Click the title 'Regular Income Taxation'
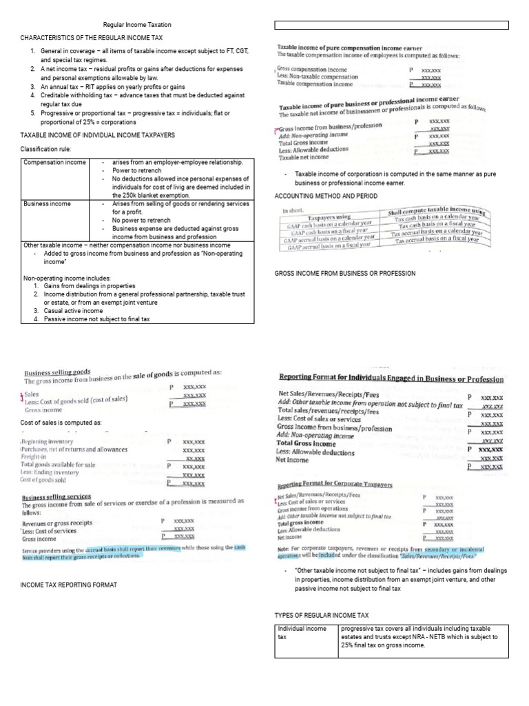(137, 25)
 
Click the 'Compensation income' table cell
(54, 163)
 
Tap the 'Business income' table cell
(46, 205)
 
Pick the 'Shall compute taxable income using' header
(439, 212)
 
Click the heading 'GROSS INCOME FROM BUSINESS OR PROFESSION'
(344, 274)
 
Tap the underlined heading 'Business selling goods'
(57, 371)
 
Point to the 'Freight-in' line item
(34, 456)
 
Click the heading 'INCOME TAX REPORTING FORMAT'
(70, 585)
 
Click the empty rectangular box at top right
(392, 26)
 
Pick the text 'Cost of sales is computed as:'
(61, 422)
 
